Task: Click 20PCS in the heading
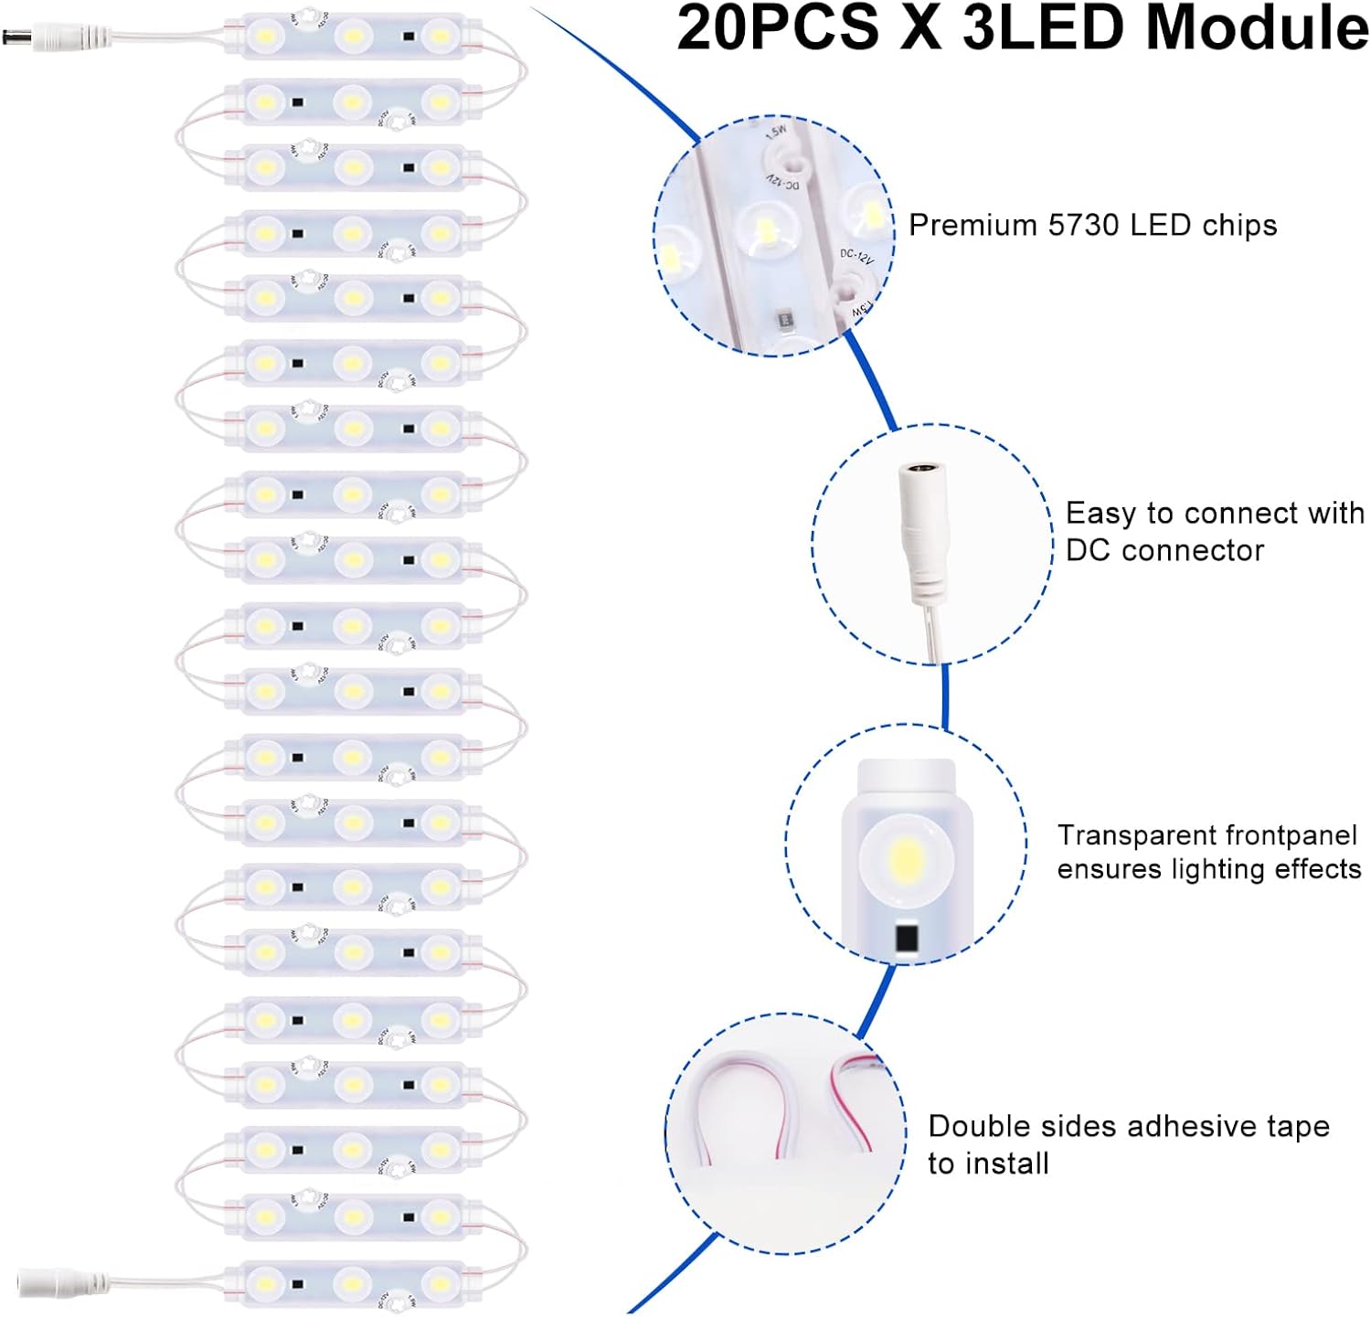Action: pos(778,29)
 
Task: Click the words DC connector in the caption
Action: pos(1164,551)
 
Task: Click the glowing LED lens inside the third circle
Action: pos(906,859)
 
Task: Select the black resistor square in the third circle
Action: pos(906,938)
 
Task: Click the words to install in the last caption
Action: pos(988,1164)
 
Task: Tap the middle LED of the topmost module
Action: pos(352,37)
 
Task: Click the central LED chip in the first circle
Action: pos(760,228)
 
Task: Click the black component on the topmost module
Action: pos(409,37)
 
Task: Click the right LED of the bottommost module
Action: pos(440,1283)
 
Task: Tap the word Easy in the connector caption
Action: pos(1101,514)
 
